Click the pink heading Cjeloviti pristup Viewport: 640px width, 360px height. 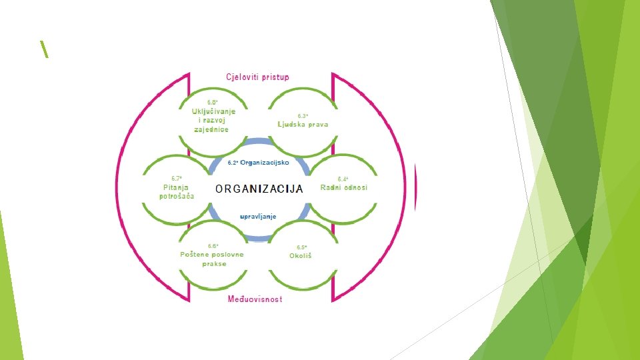pos(257,77)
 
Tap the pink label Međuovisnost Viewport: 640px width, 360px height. pos(255,299)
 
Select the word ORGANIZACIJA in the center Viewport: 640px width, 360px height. pos(259,189)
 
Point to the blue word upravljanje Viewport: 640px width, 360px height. pos(258,216)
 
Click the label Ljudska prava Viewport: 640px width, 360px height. pos(303,124)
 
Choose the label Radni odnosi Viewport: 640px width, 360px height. pos(343,187)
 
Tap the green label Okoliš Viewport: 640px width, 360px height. pos(301,255)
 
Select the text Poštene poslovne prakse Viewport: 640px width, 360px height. pos(212,259)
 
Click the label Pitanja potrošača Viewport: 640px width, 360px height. pos(177,191)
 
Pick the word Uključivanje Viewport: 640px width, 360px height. pos(213,111)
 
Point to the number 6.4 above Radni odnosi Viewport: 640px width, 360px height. pos(343,179)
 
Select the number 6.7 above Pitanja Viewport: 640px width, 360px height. pos(177,178)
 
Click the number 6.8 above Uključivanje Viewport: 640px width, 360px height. pos(213,101)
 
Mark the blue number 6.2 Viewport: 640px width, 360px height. pos(233,163)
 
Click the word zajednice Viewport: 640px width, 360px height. pos(211,129)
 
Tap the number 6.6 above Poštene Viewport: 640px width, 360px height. pos(213,245)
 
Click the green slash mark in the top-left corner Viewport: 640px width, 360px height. pos(44,49)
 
